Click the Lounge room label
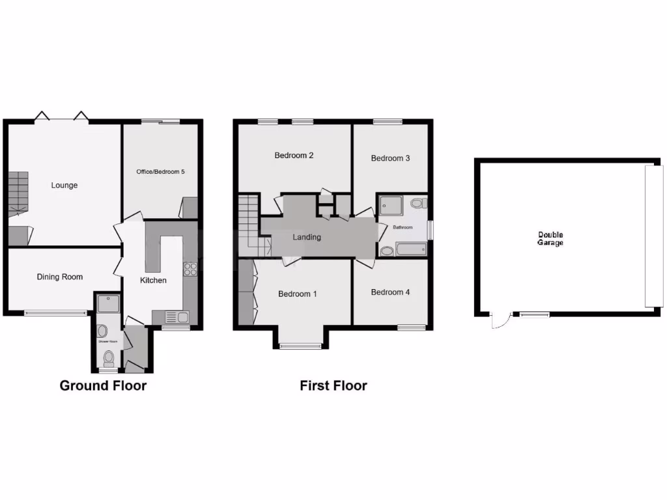pos(64,186)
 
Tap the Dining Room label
pos(60,277)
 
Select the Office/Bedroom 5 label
pos(160,172)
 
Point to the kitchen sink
pos(178,318)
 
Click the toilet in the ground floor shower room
pos(109,357)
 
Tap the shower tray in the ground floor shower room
pos(104,303)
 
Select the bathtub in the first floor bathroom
pos(410,249)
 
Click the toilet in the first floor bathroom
pos(418,203)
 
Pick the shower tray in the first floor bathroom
pos(392,205)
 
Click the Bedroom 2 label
pos(294,156)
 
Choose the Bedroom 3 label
pos(390,158)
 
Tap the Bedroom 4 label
pos(390,292)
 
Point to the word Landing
pos(307,237)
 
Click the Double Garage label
pos(550,239)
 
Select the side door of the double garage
pos(500,321)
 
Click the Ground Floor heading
pos(103,385)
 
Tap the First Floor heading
pos(333,385)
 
